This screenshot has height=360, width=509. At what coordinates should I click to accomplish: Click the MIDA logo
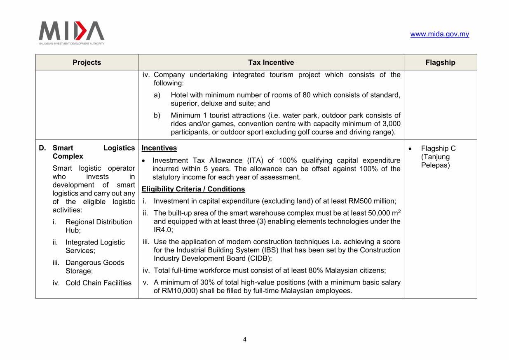71,33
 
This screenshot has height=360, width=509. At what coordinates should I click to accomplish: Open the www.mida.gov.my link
439,34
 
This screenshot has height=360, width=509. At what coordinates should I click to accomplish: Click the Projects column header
87,62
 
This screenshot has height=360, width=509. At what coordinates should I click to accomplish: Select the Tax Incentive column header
271,62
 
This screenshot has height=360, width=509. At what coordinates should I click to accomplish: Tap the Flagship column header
440,62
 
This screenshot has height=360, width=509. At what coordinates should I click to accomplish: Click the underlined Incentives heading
159,148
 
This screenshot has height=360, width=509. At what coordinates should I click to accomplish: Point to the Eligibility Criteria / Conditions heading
193,189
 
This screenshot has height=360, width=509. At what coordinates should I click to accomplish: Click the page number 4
245,340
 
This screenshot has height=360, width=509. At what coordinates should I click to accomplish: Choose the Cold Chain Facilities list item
98,283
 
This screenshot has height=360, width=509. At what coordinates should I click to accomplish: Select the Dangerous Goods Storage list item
95,267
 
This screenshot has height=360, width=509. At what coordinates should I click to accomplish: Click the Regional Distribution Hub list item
99,226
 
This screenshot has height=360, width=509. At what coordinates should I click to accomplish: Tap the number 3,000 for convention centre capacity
390,124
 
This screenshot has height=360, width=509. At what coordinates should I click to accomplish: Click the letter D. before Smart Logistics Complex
42,148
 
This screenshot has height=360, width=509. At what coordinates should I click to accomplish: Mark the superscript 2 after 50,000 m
399,211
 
